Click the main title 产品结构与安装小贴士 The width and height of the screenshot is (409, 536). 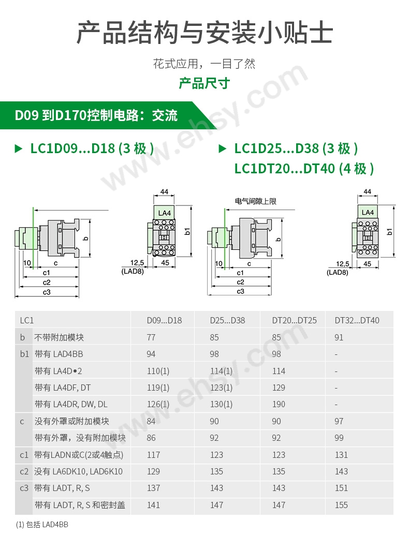coord(204,33)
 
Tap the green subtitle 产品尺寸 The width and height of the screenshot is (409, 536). coord(204,83)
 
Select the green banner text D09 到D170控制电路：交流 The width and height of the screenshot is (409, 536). coord(96,115)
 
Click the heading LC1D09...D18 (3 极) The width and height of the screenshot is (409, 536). coord(92,149)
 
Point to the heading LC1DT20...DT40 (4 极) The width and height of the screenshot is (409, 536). coord(303,169)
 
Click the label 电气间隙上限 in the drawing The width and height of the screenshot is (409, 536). coord(255,201)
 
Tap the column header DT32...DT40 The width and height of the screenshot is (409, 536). coord(357,320)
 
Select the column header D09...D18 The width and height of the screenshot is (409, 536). coord(164,320)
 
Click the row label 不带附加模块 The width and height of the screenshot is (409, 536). coord(59,337)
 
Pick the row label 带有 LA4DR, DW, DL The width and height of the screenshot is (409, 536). coord(71,404)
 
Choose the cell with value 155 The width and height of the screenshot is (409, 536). coord(341,505)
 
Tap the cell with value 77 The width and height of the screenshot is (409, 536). coord(151,337)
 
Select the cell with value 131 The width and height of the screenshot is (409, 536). coord(341,455)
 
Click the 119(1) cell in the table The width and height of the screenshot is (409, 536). coord(158,388)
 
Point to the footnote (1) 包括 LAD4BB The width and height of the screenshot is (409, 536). coord(42,524)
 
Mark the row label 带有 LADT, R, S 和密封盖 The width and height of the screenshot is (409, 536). coord(80,505)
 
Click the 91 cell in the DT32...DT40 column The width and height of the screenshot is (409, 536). coord(339,337)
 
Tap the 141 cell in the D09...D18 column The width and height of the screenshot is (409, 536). coord(153,505)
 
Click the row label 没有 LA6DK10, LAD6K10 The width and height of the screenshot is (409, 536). coord(79,471)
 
